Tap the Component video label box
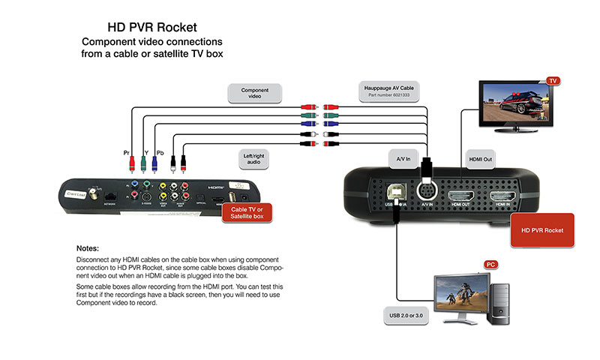(x=255, y=94)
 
